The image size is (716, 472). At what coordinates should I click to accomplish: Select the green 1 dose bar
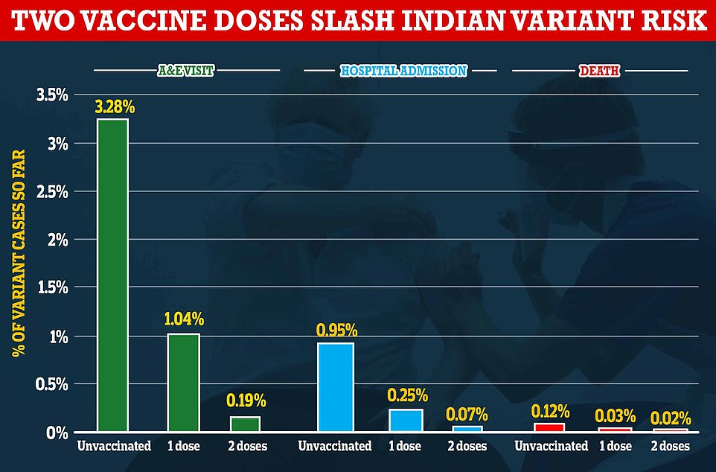pyautogui.click(x=183, y=383)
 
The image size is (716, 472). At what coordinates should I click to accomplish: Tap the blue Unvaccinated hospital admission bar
pyautogui.click(x=335, y=387)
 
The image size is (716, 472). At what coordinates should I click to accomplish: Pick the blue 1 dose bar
pyautogui.click(x=406, y=420)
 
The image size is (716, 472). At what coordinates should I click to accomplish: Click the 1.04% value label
pyautogui.click(x=183, y=321)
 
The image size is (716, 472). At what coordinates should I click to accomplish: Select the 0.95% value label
pyautogui.click(x=336, y=330)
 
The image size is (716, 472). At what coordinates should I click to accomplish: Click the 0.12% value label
pyautogui.click(x=551, y=410)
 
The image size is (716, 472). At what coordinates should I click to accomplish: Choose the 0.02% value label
pyautogui.click(x=671, y=417)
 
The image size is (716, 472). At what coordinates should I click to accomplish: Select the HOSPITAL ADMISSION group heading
pyautogui.click(x=403, y=71)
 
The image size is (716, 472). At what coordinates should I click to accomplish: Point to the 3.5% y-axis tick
pyautogui.click(x=52, y=95)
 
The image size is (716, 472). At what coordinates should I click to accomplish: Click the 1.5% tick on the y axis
pyautogui.click(x=52, y=288)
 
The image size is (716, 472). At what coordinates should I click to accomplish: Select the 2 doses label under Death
pyautogui.click(x=669, y=446)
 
